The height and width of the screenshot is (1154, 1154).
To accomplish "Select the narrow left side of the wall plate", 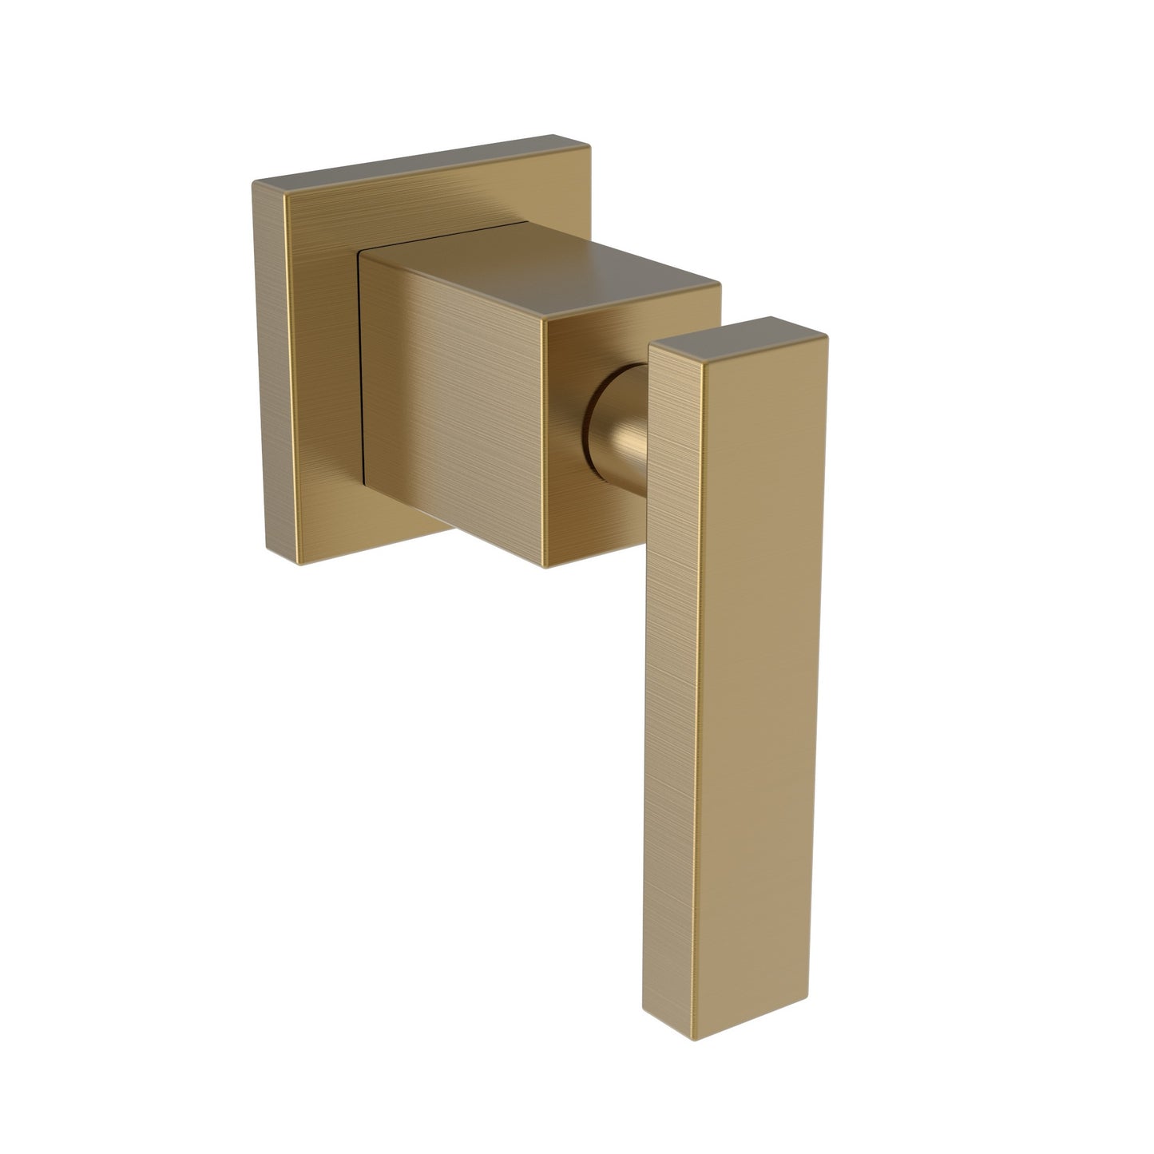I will [276, 367].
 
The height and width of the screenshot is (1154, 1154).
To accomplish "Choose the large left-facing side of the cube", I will [451, 407].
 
